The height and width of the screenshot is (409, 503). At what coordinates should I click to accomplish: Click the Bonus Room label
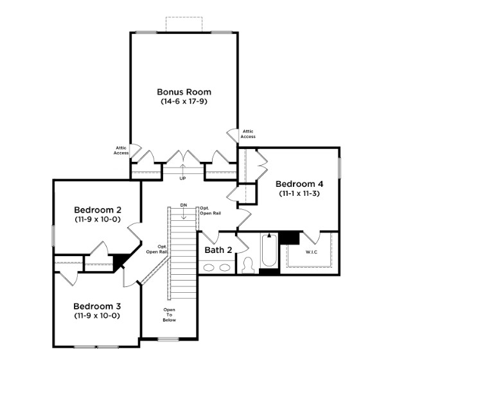184,92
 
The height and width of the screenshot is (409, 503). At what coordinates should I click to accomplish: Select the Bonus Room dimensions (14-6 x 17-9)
184,101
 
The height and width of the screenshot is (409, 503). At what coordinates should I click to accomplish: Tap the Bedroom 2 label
98,210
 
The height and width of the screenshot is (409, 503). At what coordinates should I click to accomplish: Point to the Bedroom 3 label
97,306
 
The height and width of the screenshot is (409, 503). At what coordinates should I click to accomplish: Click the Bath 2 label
218,250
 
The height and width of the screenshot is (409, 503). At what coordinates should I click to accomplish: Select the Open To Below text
169,315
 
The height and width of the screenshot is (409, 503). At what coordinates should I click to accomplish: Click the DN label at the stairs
184,205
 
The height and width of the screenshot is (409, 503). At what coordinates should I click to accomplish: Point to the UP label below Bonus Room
182,178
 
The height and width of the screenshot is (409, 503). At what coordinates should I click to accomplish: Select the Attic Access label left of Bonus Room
121,151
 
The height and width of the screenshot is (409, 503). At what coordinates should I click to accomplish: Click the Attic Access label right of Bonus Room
248,134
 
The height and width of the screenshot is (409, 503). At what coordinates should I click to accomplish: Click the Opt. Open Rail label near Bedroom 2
157,249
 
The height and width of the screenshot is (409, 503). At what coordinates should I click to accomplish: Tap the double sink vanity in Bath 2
218,268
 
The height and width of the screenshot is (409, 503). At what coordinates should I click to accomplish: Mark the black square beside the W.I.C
290,238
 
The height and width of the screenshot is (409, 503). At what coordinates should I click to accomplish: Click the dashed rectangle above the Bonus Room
184,24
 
